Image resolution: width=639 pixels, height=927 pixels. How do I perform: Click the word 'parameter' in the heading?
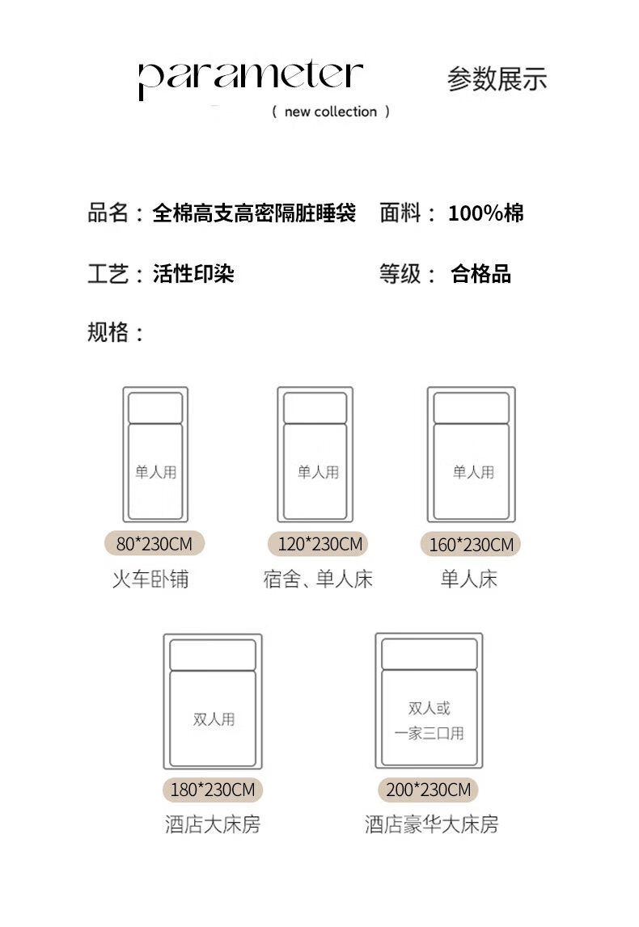click(249, 78)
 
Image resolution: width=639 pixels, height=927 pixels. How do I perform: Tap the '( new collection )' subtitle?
click(331, 112)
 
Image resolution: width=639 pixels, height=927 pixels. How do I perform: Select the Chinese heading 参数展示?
click(497, 79)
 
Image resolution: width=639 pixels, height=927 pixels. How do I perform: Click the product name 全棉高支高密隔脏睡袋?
click(254, 213)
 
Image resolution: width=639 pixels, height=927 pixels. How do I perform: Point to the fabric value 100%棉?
click(486, 213)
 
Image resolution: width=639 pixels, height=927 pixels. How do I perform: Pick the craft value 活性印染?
click(193, 274)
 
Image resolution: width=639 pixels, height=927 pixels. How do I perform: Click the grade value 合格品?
click(480, 274)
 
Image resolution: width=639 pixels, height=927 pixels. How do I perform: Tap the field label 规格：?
click(116, 332)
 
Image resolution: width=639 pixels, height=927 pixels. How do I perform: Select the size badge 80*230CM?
click(154, 544)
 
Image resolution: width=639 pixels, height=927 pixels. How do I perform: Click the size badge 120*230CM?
click(320, 544)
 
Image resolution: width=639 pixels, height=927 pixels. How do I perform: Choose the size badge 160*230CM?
click(471, 545)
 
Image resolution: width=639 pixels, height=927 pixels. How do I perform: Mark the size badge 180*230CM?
click(213, 790)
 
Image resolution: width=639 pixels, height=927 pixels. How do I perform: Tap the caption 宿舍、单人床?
click(318, 579)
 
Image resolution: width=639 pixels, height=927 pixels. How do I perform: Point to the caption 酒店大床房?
click(213, 825)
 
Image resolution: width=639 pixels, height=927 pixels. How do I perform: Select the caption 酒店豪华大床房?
click(431, 825)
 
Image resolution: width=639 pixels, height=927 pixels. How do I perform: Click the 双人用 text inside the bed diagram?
click(214, 718)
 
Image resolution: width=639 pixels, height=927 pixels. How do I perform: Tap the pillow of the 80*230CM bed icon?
click(155, 407)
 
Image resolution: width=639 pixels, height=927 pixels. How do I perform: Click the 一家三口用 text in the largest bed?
click(429, 734)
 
